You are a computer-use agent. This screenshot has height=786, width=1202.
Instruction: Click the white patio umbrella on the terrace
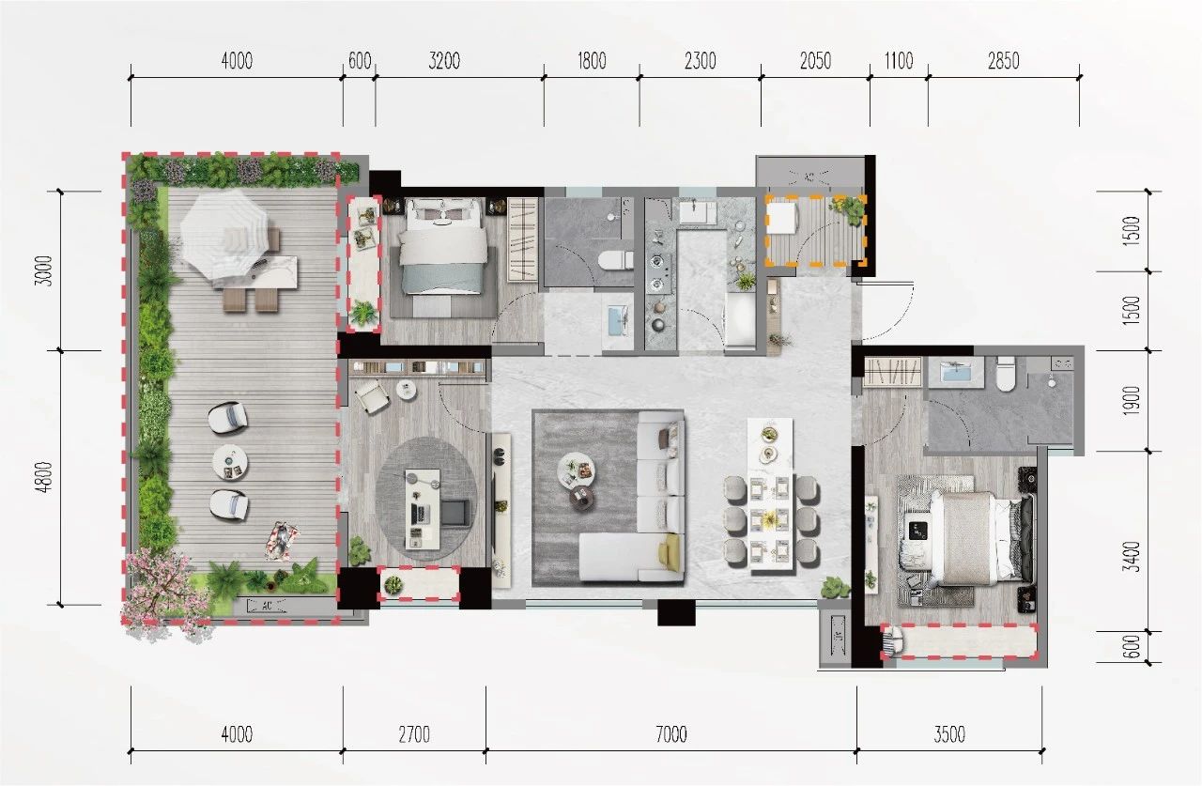[x=223, y=234]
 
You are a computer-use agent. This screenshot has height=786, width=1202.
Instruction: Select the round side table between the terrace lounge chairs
[x=230, y=462]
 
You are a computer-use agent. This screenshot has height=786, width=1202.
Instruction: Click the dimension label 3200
[x=444, y=61]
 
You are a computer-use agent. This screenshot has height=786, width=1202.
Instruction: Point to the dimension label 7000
[x=671, y=734]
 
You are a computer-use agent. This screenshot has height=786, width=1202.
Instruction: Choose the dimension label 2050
[x=816, y=61]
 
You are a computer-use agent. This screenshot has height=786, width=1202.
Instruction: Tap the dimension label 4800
[x=47, y=477]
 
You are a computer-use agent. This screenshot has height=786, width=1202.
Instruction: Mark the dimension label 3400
[x=1133, y=556]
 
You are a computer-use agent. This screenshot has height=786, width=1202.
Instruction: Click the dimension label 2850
[x=1004, y=61]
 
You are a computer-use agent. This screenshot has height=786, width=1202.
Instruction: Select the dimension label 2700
[x=414, y=734]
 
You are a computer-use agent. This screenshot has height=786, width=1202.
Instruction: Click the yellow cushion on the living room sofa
[x=670, y=552]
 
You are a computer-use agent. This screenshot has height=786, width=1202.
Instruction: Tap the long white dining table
[x=771, y=496]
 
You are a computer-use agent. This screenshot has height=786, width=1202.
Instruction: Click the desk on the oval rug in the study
[x=423, y=509]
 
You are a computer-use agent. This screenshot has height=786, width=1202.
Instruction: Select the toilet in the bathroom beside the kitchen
[x=615, y=260]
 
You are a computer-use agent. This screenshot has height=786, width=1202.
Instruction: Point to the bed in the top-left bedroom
[x=443, y=246]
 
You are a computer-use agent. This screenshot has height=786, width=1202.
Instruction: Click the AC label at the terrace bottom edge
[x=267, y=606]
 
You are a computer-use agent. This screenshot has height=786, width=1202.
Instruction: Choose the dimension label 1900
[x=1133, y=400]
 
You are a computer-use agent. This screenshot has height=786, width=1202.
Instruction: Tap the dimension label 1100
[x=899, y=61]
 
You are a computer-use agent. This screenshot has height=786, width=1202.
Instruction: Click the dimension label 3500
[x=949, y=734]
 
